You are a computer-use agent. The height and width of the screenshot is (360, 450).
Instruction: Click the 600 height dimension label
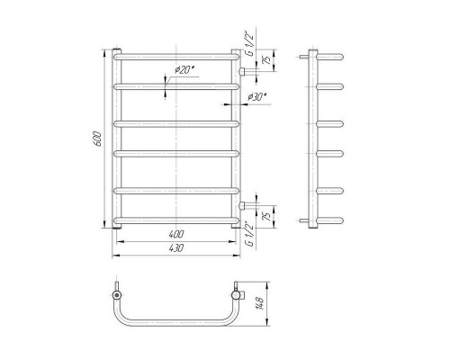[x=98, y=139]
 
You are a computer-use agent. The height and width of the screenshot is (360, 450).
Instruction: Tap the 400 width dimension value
[x=176, y=234]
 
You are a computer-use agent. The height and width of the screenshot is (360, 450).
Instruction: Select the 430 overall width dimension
[x=176, y=248]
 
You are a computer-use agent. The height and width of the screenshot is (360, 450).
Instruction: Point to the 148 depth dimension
[x=260, y=303]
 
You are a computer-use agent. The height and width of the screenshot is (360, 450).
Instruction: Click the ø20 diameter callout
[x=184, y=70]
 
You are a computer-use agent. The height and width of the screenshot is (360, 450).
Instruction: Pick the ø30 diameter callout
[x=257, y=97]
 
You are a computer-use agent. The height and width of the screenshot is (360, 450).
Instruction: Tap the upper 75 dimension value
[x=266, y=59]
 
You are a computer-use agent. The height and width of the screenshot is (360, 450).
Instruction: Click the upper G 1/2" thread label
[x=249, y=44]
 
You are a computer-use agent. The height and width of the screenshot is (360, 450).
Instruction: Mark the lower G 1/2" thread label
[x=249, y=234]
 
